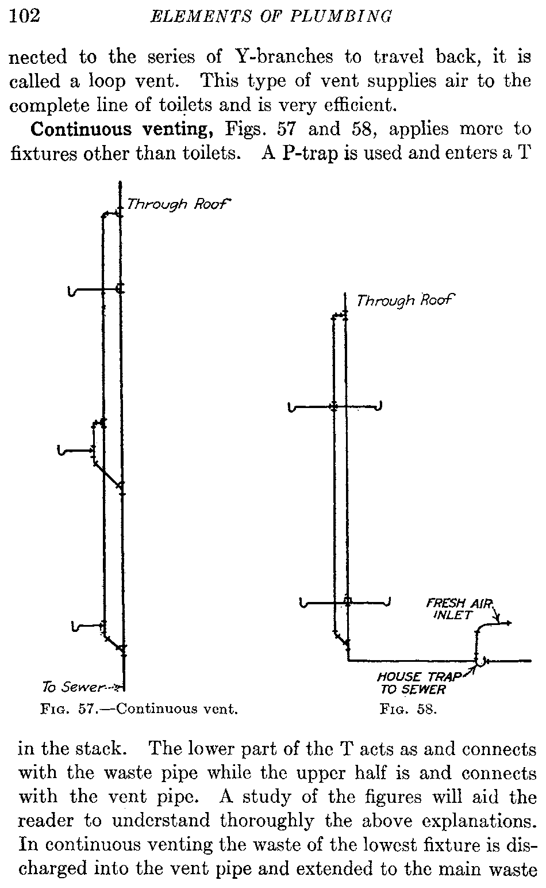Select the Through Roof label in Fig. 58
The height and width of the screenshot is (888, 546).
tap(405, 300)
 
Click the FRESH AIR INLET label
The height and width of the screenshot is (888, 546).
tap(459, 609)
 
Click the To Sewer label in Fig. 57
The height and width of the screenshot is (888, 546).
tap(80, 687)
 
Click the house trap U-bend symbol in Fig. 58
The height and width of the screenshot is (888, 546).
tap(482, 662)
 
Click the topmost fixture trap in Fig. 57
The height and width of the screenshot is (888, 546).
tap(71, 292)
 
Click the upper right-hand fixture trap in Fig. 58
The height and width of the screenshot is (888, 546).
tap(379, 407)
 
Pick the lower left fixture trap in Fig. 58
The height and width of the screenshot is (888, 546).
tap(304, 603)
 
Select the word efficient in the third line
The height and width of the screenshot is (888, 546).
tap(353, 105)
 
